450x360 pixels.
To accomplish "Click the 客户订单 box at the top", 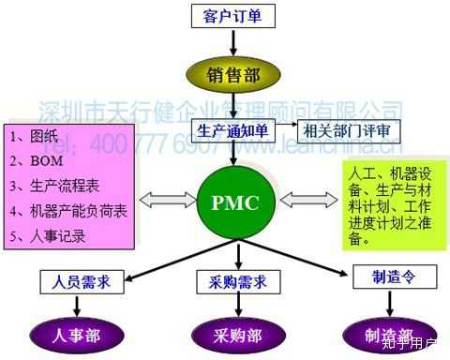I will coord(229,16).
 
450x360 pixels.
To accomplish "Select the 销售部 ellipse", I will coord(228,71).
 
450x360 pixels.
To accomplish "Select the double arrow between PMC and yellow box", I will coord(301,199).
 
